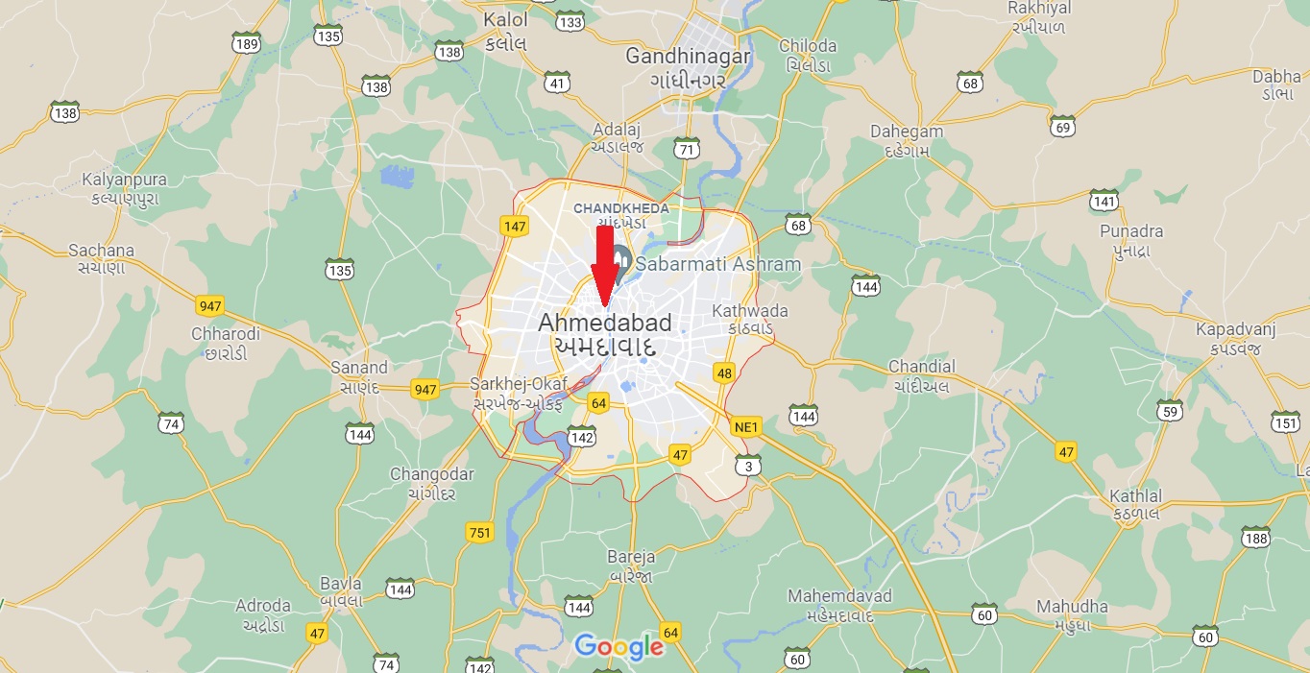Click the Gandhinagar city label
click(688, 56)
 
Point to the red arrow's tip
click(604, 305)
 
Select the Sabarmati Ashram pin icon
click(620, 259)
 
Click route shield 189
click(247, 44)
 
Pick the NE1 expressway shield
click(745, 426)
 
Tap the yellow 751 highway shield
click(478, 532)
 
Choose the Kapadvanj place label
click(1235, 329)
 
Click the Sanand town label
click(359, 367)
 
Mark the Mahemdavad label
click(839, 596)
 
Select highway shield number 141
click(1104, 201)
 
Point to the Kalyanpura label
click(124, 180)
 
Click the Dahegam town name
click(907, 132)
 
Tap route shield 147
click(515, 227)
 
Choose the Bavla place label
click(341, 584)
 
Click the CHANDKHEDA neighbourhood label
click(621, 207)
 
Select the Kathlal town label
click(1135, 496)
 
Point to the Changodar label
click(432, 474)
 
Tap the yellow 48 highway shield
click(724, 373)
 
